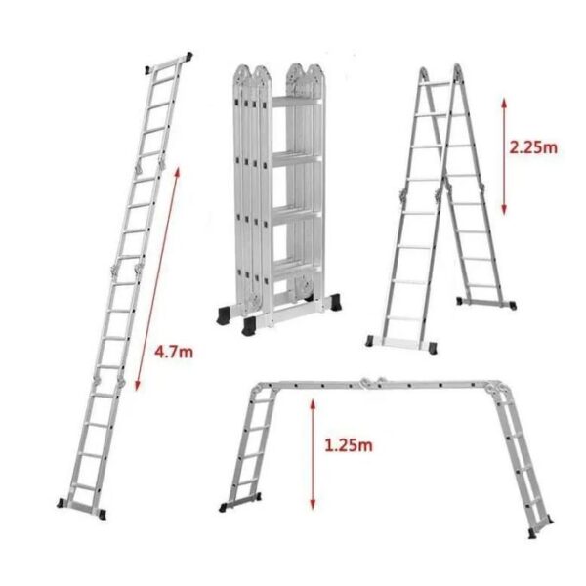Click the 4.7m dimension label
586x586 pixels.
click(174, 352)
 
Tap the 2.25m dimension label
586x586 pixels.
click(533, 147)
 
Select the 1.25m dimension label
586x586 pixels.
click(349, 445)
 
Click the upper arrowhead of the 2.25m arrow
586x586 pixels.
click(504, 103)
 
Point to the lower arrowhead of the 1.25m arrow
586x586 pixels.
click(313, 505)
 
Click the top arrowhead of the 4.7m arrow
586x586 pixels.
click(177, 173)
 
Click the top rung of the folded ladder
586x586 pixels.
click(297, 102)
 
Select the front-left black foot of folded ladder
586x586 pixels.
click(249, 325)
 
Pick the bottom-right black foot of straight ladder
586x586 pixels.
click(101, 514)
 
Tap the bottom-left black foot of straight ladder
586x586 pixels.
click(63, 503)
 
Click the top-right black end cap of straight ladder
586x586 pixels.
click(189, 57)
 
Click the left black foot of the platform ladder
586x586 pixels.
click(224, 507)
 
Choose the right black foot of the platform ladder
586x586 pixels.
click(532, 533)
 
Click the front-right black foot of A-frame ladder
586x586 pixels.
click(433, 348)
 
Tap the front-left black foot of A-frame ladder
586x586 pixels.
click(369, 341)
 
